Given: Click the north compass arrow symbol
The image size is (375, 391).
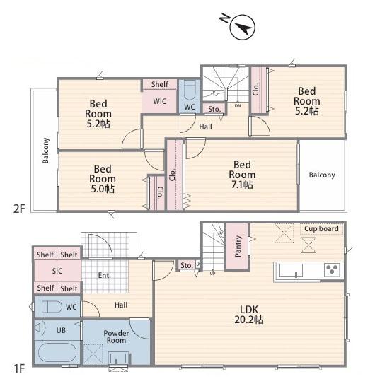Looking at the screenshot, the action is (242, 27).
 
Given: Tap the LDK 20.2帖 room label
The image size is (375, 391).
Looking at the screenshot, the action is (249, 315).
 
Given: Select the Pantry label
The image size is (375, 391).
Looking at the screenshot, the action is (238, 246).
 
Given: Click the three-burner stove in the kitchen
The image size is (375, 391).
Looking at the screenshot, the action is (332, 269).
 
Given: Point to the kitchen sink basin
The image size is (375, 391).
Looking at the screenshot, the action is (291, 270).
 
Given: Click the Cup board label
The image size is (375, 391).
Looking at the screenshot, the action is (321, 228).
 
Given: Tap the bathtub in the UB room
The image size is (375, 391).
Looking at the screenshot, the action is (57, 353).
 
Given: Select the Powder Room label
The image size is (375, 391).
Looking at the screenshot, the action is (116, 337).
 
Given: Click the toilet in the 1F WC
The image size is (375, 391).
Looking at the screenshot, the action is (52, 307).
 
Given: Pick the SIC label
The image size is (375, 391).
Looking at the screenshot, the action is (57, 271).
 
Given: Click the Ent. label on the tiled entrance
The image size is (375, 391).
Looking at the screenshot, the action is (104, 275).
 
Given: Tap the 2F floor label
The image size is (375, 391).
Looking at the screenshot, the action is (19, 209).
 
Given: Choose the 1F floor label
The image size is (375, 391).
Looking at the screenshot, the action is (19, 368).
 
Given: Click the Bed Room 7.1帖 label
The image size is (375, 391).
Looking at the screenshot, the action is (242, 175).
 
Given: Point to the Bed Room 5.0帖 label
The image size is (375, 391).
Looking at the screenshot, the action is (103, 179).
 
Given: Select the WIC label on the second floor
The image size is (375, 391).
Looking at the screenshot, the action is (160, 101).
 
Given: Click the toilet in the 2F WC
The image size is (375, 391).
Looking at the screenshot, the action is (190, 91).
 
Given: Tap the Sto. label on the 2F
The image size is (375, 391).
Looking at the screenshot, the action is (214, 109).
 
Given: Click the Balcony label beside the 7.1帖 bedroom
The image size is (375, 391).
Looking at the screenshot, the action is (322, 175).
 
